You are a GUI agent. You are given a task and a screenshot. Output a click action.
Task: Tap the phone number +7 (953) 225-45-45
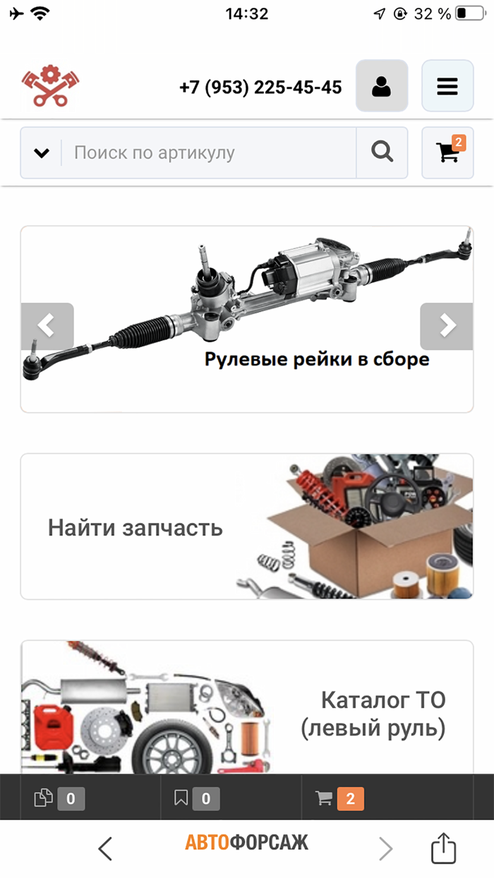(x=260, y=88)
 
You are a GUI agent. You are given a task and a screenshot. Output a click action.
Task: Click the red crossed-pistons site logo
(x=49, y=86)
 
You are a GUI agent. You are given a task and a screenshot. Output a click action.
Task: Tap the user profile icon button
(x=382, y=86)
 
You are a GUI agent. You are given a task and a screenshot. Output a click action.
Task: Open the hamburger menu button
(x=447, y=86)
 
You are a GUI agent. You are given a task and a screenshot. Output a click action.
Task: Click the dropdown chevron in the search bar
(x=42, y=152)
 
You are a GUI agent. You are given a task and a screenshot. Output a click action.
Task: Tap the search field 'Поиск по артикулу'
(x=208, y=152)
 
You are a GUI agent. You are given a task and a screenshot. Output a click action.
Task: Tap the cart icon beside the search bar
(x=447, y=152)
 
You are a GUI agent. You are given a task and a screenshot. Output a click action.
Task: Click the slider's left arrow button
(x=47, y=326)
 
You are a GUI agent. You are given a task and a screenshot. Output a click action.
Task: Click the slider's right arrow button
(x=446, y=326)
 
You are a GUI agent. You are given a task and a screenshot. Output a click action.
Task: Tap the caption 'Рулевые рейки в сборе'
(x=317, y=359)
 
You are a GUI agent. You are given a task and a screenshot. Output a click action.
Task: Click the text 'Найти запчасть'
(x=135, y=527)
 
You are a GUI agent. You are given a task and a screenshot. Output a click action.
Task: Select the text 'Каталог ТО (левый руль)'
(x=373, y=714)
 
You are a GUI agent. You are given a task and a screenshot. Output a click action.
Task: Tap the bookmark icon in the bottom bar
(x=181, y=798)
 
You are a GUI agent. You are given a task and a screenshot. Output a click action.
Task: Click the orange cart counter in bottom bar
(x=350, y=798)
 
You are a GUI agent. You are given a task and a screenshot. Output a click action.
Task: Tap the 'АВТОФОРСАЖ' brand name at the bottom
(x=247, y=842)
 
